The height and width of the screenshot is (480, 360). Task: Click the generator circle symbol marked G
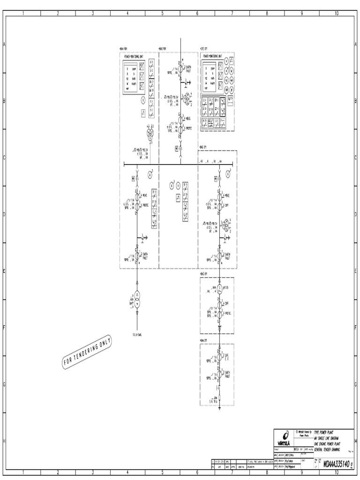[219, 289]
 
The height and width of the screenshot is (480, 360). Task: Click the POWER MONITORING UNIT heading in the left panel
[133, 55]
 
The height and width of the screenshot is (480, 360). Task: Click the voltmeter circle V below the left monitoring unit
[143, 100]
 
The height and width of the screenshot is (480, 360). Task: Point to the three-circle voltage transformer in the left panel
[150, 134]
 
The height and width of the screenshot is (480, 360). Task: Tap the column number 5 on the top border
[163, 13]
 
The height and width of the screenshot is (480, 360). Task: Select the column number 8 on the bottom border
[267, 472]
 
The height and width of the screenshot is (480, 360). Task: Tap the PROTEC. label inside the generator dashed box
[228, 313]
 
